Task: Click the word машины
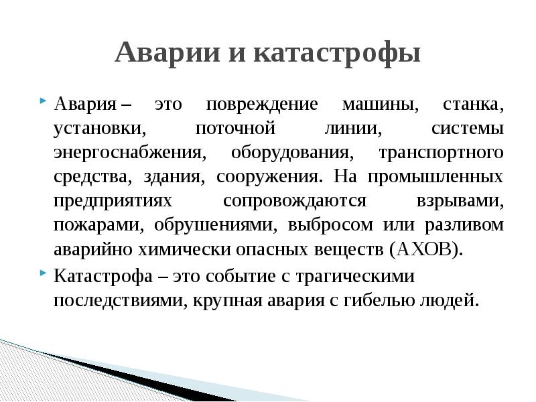click(380, 106)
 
